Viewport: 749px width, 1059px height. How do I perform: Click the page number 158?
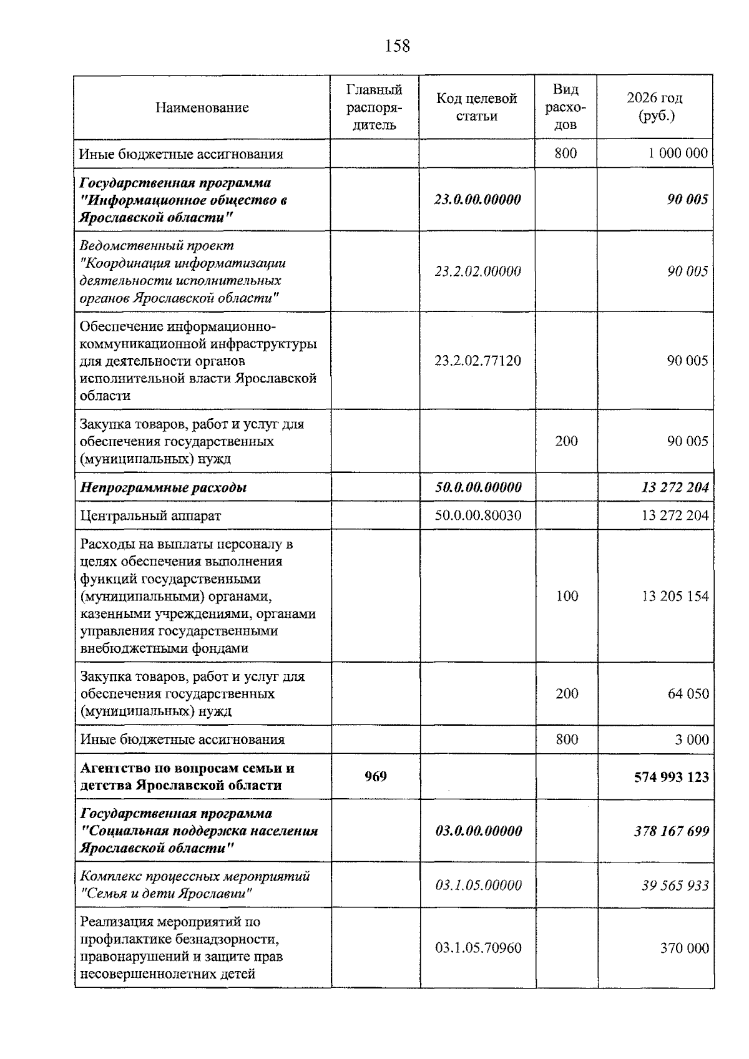click(398, 46)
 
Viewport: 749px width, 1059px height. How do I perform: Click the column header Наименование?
click(202, 107)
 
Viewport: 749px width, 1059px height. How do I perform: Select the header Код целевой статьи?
click(476, 107)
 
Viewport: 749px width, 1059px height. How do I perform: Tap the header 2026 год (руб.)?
click(655, 107)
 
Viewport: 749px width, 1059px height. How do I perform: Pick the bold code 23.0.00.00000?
click(477, 200)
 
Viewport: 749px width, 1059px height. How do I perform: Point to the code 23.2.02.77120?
click(477, 361)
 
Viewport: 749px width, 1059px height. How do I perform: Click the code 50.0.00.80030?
click(478, 515)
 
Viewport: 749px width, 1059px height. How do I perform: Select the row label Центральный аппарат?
click(150, 516)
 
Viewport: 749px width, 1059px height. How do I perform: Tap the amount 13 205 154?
click(675, 596)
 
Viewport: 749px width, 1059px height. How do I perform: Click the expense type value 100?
click(567, 596)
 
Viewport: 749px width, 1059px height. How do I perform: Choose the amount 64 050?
click(688, 694)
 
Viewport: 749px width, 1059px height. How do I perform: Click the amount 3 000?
click(692, 739)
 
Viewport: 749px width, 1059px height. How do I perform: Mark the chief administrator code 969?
click(376, 776)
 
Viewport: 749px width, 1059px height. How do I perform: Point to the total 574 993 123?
click(671, 777)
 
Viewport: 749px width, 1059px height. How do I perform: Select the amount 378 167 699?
click(672, 831)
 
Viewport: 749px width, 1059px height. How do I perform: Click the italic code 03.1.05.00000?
click(478, 886)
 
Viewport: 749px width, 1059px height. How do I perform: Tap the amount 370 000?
click(685, 949)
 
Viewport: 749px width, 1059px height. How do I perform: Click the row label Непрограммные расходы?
click(164, 487)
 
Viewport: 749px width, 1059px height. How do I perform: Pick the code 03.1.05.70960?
click(478, 949)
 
